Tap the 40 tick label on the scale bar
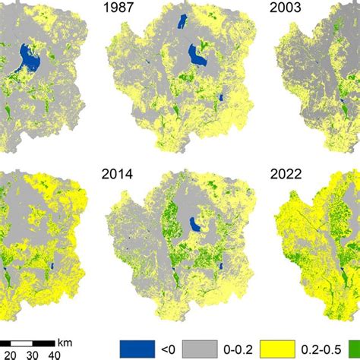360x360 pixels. coord(54,353)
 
